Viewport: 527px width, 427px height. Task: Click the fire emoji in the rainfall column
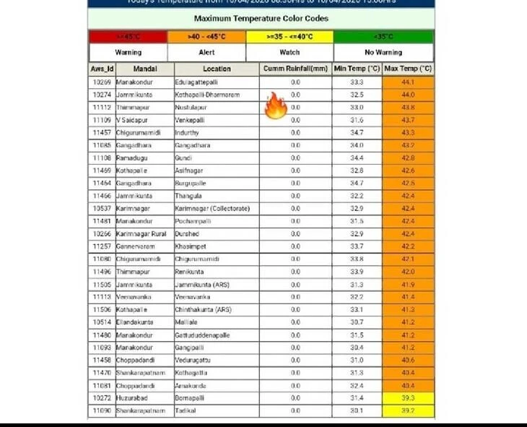pyautogui.click(x=276, y=105)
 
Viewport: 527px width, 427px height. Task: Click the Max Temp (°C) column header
pyautogui.click(x=408, y=69)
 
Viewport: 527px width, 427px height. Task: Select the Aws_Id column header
pyautogui.click(x=102, y=69)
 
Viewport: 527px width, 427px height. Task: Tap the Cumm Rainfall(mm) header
pyautogui.click(x=295, y=69)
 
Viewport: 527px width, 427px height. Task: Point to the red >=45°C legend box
pyautogui.click(x=128, y=36)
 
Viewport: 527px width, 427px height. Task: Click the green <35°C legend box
pyautogui.click(x=383, y=36)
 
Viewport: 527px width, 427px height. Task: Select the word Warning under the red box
pyautogui.click(x=128, y=52)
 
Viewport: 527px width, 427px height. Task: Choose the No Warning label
pyautogui.click(x=383, y=52)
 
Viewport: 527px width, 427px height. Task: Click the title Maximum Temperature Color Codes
pyautogui.click(x=261, y=18)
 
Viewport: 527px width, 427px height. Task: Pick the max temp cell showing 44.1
pyautogui.click(x=408, y=82)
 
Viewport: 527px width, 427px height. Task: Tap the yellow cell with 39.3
pyautogui.click(x=408, y=398)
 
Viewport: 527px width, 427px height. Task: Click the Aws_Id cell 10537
pyautogui.click(x=102, y=209)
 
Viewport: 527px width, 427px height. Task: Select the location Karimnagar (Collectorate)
pyautogui.click(x=212, y=209)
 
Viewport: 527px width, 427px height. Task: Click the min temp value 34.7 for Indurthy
pyautogui.click(x=357, y=133)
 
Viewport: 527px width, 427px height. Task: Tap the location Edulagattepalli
pyautogui.click(x=196, y=82)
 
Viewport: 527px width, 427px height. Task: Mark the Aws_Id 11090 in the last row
pyautogui.click(x=102, y=411)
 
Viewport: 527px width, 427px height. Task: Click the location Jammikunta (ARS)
pyautogui.click(x=203, y=285)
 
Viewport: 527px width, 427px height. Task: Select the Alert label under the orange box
pyautogui.click(x=206, y=52)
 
